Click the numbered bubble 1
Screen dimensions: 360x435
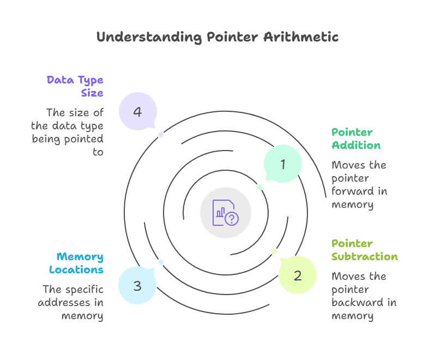(x=282, y=164)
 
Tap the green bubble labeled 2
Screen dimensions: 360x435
(x=297, y=275)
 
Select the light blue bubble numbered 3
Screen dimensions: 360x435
(x=137, y=285)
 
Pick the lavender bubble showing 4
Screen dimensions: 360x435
(x=137, y=112)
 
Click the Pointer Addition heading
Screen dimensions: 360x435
(x=357, y=139)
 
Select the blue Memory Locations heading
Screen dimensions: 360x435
(x=80, y=263)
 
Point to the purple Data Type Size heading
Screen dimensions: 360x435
(x=75, y=86)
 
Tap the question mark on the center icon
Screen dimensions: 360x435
(x=232, y=219)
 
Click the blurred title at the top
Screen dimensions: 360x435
(x=217, y=37)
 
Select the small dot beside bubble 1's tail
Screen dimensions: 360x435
(x=259, y=187)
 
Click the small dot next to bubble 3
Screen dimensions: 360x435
(x=161, y=262)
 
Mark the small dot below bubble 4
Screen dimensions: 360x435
(x=161, y=135)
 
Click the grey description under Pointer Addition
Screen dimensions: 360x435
(x=360, y=185)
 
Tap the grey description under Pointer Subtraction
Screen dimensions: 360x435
(x=364, y=296)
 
